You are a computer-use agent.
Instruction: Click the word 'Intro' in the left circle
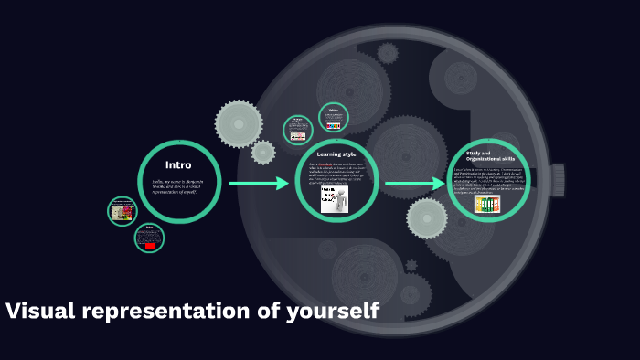178,165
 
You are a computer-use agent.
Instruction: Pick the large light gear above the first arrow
240,123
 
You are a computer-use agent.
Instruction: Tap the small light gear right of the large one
263,152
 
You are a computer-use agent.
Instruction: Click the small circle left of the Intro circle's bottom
122,211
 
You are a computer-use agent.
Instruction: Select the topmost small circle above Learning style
334,118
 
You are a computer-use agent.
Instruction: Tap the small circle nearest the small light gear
297,129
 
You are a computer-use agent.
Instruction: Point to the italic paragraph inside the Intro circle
179,188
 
